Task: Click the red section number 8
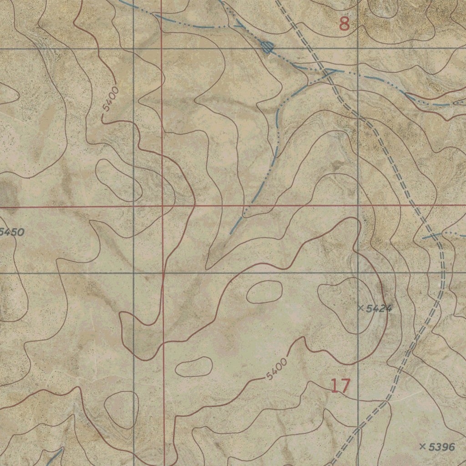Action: tap(344, 24)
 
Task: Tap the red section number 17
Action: tap(340, 386)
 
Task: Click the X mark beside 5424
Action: tap(360, 309)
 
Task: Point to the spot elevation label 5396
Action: tap(441, 447)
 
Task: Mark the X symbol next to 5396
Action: tap(422, 447)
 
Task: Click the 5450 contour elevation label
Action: tap(12, 232)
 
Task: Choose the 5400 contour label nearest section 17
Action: tap(277, 369)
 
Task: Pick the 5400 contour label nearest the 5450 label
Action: tap(111, 99)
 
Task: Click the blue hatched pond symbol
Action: tap(267, 47)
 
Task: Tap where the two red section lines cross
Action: tap(162, 206)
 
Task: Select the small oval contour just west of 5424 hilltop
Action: tap(264, 292)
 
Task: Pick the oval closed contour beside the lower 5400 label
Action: tap(194, 367)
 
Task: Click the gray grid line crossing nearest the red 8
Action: tap(358, 48)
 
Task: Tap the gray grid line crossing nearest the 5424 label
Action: tap(358, 273)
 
